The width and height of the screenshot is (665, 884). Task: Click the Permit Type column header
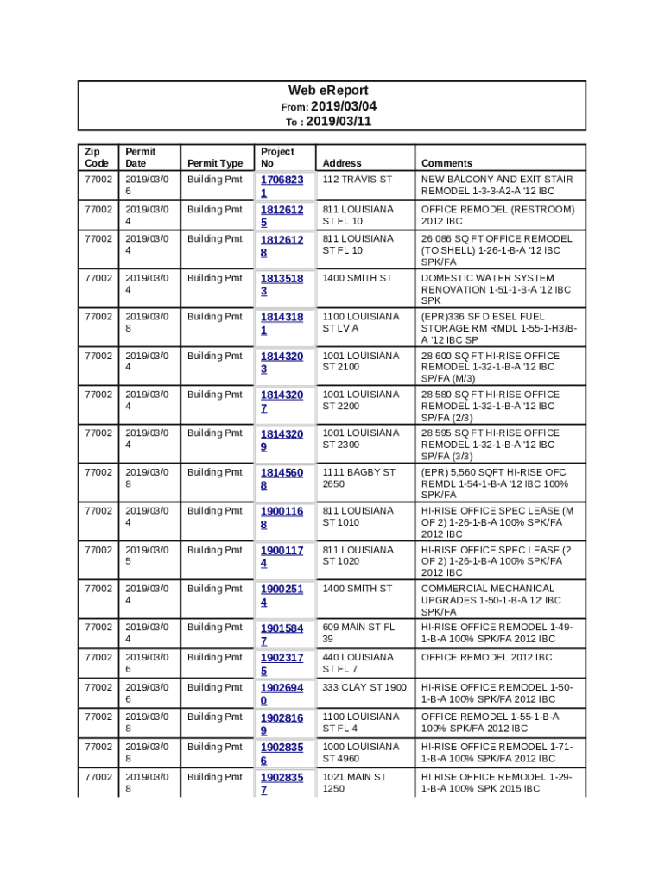pos(215,163)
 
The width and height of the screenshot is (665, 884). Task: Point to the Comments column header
pos(446,163)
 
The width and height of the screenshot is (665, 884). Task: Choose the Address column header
pos(342,163)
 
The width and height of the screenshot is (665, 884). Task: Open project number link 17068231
pos(282,186)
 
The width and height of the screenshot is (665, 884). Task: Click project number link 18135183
pos(282,285)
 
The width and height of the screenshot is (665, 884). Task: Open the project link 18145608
pos(282,479)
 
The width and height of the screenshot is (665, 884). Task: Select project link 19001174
pos(282,557)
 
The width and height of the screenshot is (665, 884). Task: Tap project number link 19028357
pos(282,784)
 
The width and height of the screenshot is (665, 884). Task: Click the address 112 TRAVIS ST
pos(357,180)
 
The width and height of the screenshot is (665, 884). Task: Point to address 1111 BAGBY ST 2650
pos(358,478)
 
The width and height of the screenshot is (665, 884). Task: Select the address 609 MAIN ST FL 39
pos(358,633)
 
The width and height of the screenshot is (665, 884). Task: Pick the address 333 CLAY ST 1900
pos(364,687)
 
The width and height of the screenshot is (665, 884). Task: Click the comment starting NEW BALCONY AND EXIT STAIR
pos(497,185)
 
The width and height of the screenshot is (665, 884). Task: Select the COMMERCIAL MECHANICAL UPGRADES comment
pos(491,600)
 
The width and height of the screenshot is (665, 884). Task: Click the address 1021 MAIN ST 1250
pos(354,783)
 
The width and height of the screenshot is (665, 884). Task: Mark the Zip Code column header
pos(97,157)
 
